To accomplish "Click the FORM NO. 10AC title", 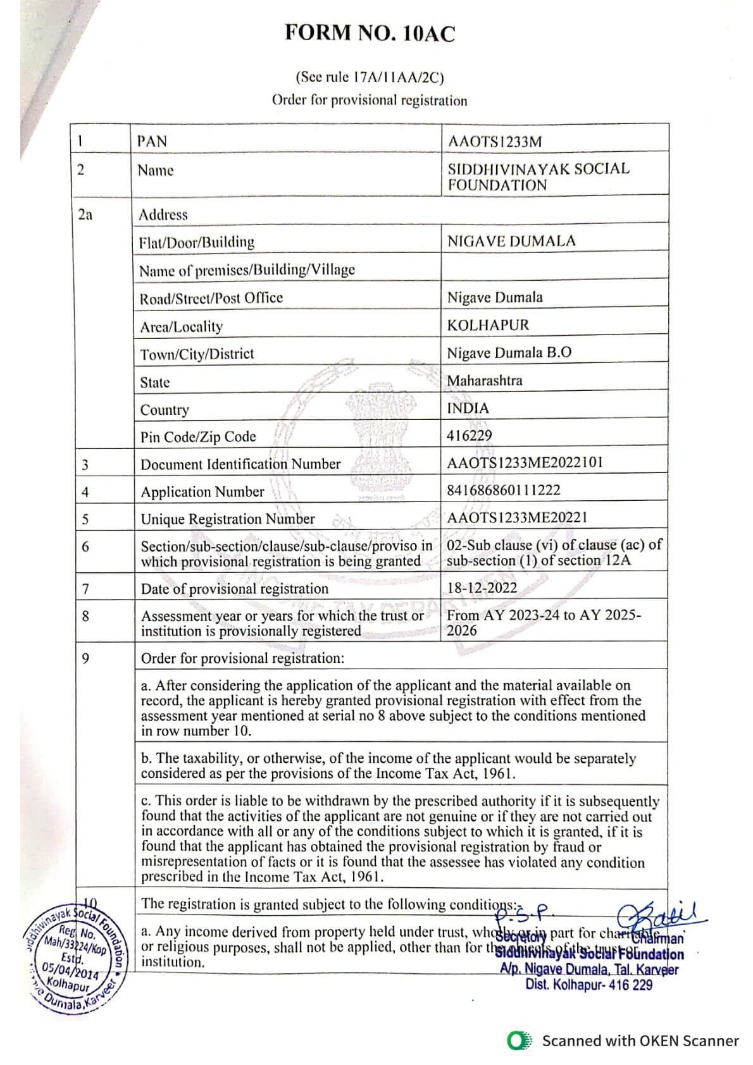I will coord(370,33).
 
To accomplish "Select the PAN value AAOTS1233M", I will coord(494,141).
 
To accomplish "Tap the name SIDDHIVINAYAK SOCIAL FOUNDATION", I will coord(538,177).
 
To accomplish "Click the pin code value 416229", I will coord(469,435).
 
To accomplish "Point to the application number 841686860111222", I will coord(503,489).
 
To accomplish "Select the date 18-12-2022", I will coord(482,588).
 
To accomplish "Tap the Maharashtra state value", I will coord(485,381).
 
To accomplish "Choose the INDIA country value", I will coord(468,409).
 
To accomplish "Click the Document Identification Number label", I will coord(240,464).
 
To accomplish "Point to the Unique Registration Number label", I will coord(228,519).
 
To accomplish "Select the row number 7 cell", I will coord(85,589).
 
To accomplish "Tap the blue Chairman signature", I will coord(661,914).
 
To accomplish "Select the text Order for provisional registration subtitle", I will coord(370,101).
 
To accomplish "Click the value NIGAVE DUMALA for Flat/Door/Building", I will coord(511,241).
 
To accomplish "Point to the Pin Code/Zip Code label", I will coord(198,437).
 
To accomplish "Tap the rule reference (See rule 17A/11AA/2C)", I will coord(370,78).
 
